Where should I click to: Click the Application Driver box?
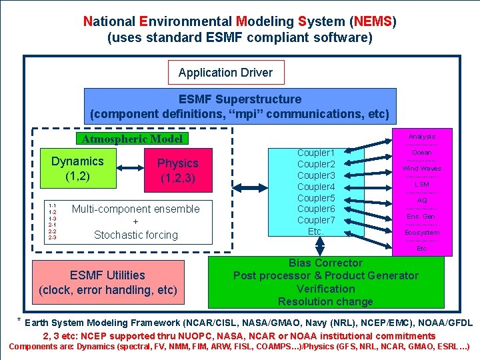225,73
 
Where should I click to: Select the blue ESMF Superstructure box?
239,106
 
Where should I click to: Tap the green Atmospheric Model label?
131,139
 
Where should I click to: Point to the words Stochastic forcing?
136,235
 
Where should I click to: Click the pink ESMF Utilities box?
108,283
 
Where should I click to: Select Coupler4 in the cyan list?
316,187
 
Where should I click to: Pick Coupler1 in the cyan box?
316,153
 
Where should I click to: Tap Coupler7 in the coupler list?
316,220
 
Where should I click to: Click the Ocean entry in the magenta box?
421,153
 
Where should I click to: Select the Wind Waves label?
421,169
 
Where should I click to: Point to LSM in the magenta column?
421,184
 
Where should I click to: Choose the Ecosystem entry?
422,233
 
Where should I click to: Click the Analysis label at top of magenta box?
421,136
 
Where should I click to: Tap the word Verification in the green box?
325,289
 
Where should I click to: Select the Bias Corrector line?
325,263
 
